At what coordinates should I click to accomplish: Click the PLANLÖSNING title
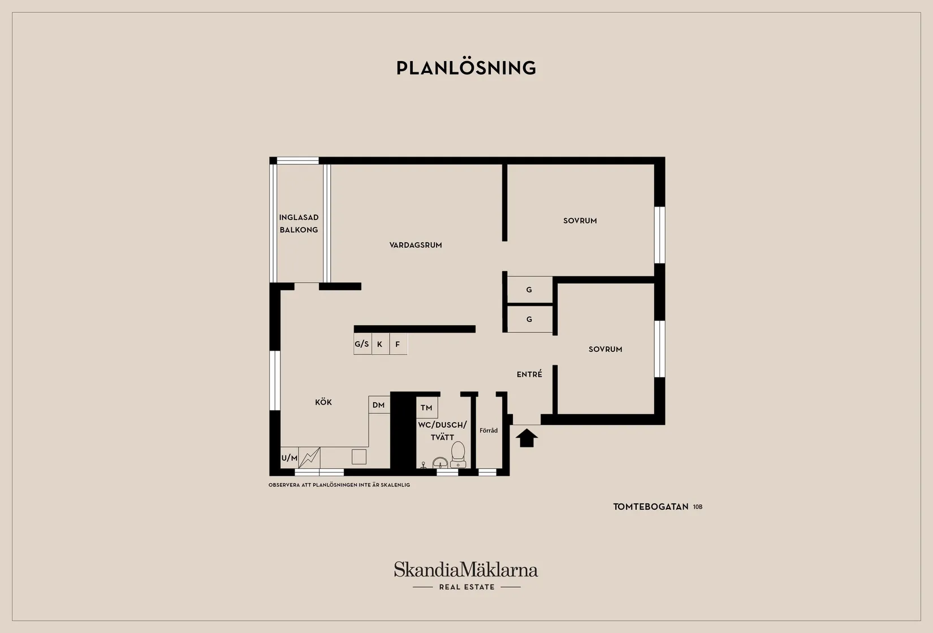coord(466,68)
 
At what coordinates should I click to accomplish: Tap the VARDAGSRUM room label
coord(416,245)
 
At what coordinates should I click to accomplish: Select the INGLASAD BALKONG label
coord(299,223)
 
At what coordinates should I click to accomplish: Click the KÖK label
coord(323,402)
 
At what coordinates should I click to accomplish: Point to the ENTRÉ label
coord(529,374)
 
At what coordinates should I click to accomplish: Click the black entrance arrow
coord(527,438)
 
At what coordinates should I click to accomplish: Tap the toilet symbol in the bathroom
coord(458,455)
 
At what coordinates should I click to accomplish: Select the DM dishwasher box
coord(379,404)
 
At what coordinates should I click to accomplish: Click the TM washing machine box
coord(427,407)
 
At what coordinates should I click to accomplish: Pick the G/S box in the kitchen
coord(362,344)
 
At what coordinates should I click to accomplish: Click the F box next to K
coord(398,344)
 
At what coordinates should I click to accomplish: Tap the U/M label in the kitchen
coord(289,458)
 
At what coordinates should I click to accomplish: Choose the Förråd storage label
coord(489,430)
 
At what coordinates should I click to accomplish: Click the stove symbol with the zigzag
coord(309,458)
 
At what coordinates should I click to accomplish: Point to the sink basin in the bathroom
coord(440,463)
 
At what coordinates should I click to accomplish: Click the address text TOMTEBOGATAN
coord(651,507)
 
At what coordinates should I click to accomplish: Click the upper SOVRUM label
coord(580,221)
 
